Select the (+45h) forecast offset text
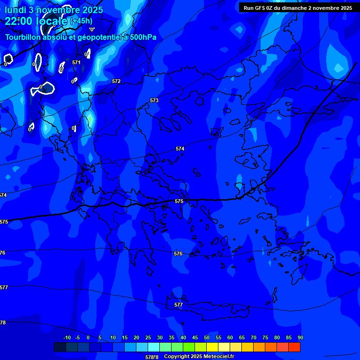coord(81,21)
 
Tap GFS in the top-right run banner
coord(260,8)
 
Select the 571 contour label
coord(76,62)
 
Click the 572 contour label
coord(116,81)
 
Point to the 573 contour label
coord(154,100)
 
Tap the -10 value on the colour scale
coord(67,338)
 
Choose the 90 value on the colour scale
coord(300,338)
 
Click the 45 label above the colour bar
coord(195,338)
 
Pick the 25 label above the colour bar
coord(148,338)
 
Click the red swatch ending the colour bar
coord(294,347)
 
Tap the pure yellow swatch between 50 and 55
coord(212,347)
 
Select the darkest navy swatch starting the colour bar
coord(60,347)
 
